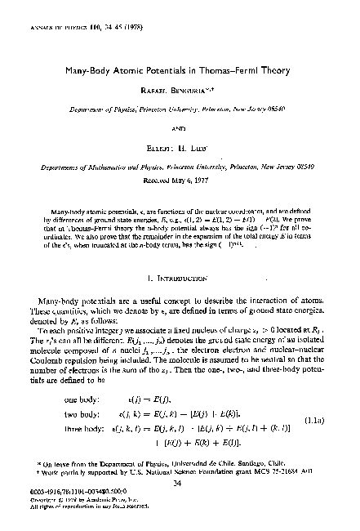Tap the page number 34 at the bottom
180,483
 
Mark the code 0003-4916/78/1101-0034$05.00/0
82,491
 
